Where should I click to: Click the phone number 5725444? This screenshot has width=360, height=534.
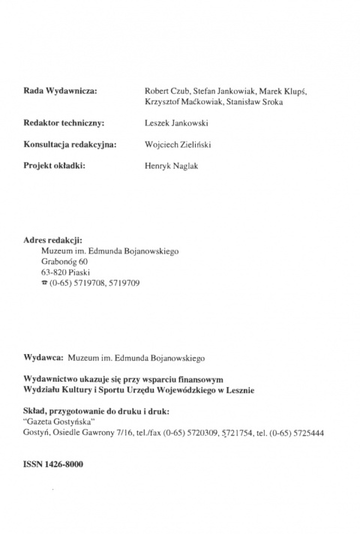point(307,433)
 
